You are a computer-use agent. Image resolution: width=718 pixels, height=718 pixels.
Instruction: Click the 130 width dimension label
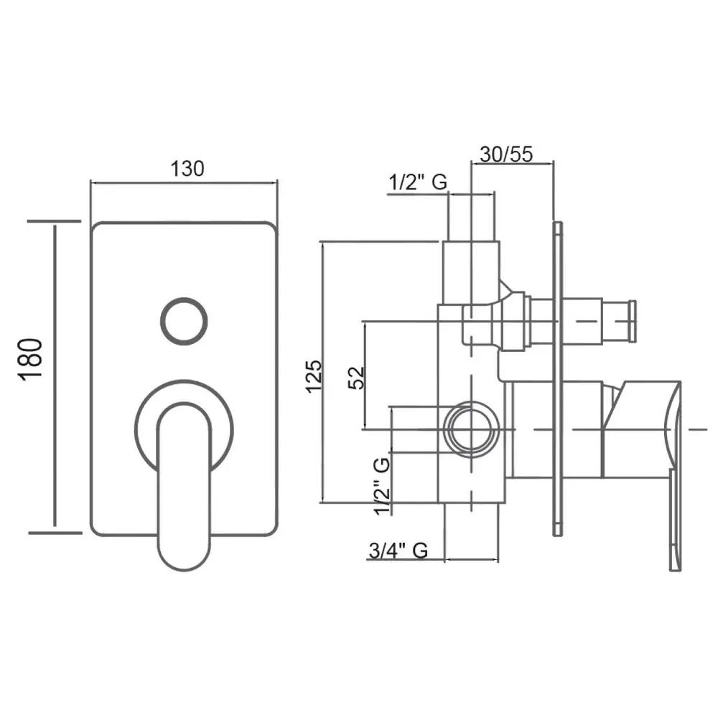(187, 169)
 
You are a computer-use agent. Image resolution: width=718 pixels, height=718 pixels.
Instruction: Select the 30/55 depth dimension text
(506, 154)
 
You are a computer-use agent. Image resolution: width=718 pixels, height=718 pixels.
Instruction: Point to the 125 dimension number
(314, 376)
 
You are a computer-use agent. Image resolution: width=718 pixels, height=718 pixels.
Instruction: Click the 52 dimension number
(356, 378)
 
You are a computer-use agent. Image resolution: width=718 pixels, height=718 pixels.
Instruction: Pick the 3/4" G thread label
(398, 550)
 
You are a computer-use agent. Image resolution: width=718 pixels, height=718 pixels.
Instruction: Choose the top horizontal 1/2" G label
(418, 182)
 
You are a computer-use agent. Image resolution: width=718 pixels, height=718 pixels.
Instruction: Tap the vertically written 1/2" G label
(382, 486)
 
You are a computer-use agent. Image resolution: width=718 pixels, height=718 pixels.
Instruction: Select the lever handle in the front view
(184, 485)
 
